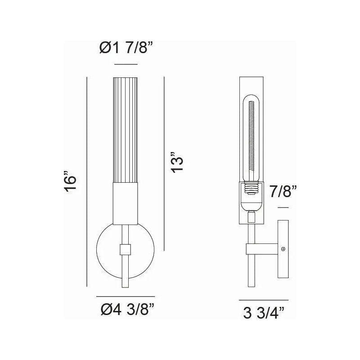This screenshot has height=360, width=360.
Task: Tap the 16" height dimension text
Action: pyautogui.click(x=71, y=182)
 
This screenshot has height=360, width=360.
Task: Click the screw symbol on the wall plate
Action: pyautogui.click(x=283, y=248)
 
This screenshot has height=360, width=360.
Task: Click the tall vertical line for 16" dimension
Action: pyautogui.click(x=86, y=182)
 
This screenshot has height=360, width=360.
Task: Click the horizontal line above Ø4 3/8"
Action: pyautogui.click(x=126, y=297)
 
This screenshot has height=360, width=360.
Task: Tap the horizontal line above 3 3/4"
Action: pyautogui.click(x=263, y=300)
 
